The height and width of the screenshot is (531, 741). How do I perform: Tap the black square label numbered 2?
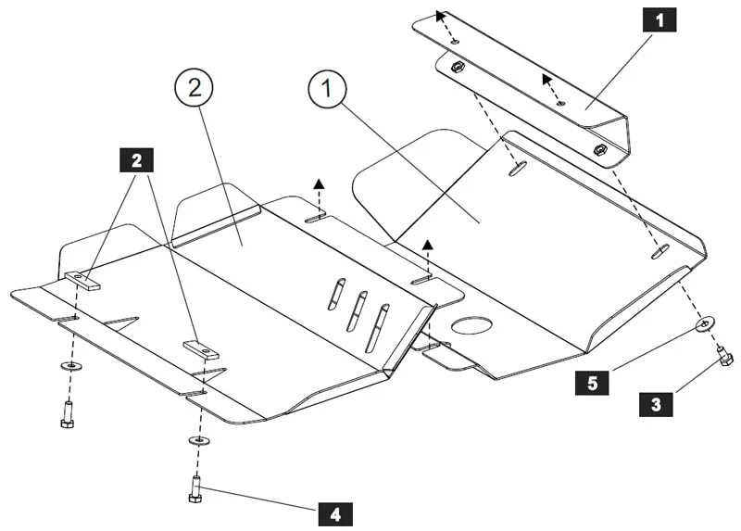click(137, 159)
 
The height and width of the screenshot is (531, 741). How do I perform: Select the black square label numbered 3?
click(656, 404)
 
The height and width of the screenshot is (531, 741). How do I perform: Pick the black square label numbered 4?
click(335, 512)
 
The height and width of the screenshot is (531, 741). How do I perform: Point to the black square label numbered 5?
click(592, 382)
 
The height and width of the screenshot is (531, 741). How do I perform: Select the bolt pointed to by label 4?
click(195, 488)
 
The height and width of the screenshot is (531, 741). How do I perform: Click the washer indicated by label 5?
click(704, 323)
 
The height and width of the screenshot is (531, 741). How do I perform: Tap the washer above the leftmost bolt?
click(69, 367)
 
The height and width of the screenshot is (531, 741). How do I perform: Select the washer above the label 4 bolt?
click(197, 438)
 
